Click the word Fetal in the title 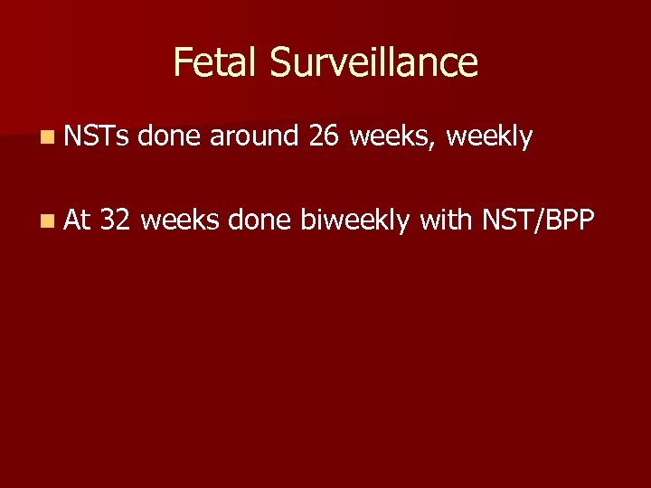click(x=211, y=62)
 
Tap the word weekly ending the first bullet click(x=490, y=138)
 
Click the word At click(x=78, y=218)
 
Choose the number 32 click(x=118, y=218)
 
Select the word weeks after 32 click(x=181, y=218)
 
